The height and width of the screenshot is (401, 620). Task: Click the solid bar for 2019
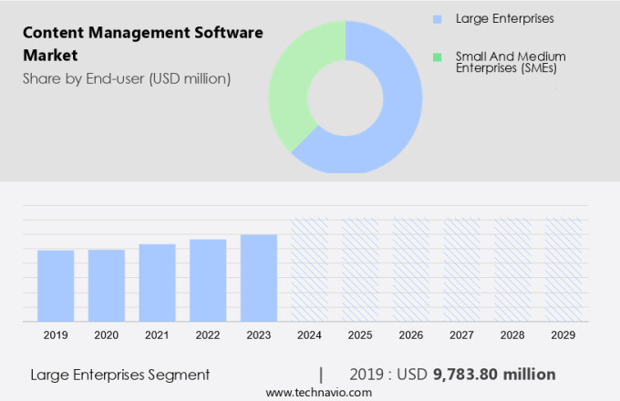(x=56, y=285)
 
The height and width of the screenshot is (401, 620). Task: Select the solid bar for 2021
(x=157, y=283)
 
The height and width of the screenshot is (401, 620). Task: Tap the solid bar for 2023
(x=259, y=278)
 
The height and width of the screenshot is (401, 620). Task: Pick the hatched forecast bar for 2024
(x=309, y=270)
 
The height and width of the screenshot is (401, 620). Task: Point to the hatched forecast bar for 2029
(x=563, y=270)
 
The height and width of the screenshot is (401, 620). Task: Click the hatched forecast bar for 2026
(x=411, y=270)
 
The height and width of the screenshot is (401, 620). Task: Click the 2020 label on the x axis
(x=107, y=335)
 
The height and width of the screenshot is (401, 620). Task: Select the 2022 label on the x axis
(x=208, y=335)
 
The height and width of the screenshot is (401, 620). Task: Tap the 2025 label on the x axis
(x=360, y=335)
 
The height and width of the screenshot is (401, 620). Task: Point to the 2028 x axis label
(x=512, y=335)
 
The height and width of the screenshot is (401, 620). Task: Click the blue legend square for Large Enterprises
(x=437, y=19)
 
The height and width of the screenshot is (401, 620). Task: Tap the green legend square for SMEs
(x=437, y=57)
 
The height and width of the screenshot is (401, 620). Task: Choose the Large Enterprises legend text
(x=504, y=19)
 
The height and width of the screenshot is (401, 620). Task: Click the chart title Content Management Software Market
(x=142, y=44)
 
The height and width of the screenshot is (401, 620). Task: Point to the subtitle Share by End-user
(x=127, y=78)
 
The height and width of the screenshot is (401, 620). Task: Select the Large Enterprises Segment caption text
(x=120, y=374)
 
